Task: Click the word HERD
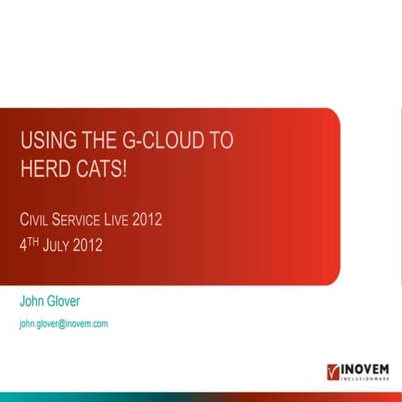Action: [44, 168]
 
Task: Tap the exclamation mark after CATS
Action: [126, 168]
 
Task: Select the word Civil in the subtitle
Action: [36, 221]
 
